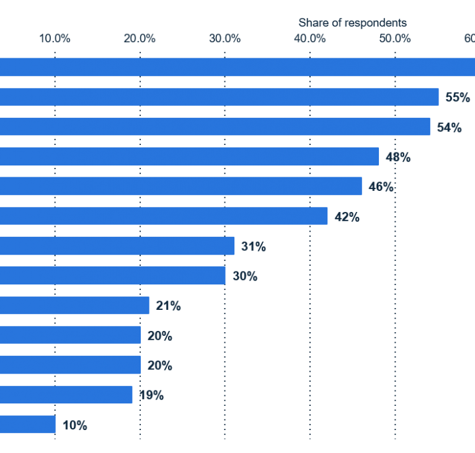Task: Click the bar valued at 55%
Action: [220, 97]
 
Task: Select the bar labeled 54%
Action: [215, 127]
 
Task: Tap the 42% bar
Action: [164, 216]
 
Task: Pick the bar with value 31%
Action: [117, 246]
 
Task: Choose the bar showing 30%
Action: [113, 276]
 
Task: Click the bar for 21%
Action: [74, 306]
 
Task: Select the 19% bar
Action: [66, 395]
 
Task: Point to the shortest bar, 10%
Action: [28, 424]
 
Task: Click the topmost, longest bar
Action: [238, 67]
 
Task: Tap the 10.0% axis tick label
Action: [55, 39]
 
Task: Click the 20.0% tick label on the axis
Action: [140, 39]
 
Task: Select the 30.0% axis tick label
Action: [224, 39]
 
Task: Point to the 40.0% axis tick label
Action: [309, 39]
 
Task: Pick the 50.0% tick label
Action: [395, 39]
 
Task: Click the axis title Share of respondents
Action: [352, 23]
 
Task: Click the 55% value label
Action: [458, 98]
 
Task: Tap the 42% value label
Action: [347, 217]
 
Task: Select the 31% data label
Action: [253, 247]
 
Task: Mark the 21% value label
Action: [168, 306]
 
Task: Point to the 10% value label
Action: [74, 425]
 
